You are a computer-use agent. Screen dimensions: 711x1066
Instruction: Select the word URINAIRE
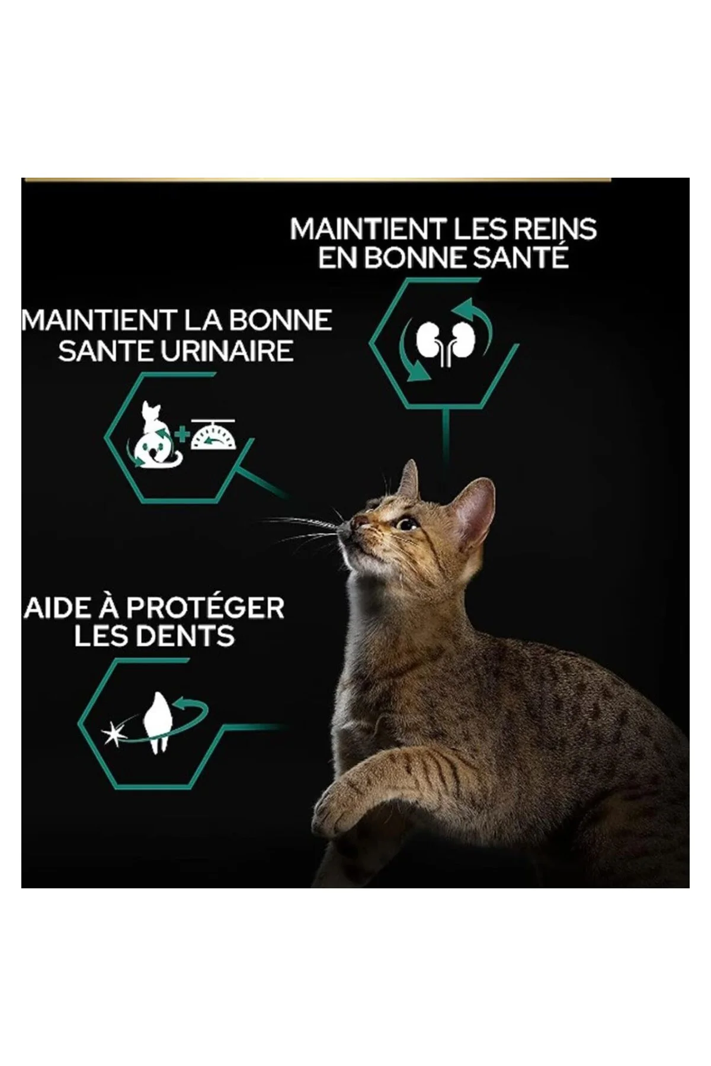click(228, 351)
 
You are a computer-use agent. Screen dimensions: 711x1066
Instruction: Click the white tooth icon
click(156, 722)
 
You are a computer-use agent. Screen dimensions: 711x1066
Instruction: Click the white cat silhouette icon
click(151, 434)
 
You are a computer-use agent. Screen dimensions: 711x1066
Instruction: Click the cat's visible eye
click(406, 524)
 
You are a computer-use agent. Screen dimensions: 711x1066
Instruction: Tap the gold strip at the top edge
click(318, 179)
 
